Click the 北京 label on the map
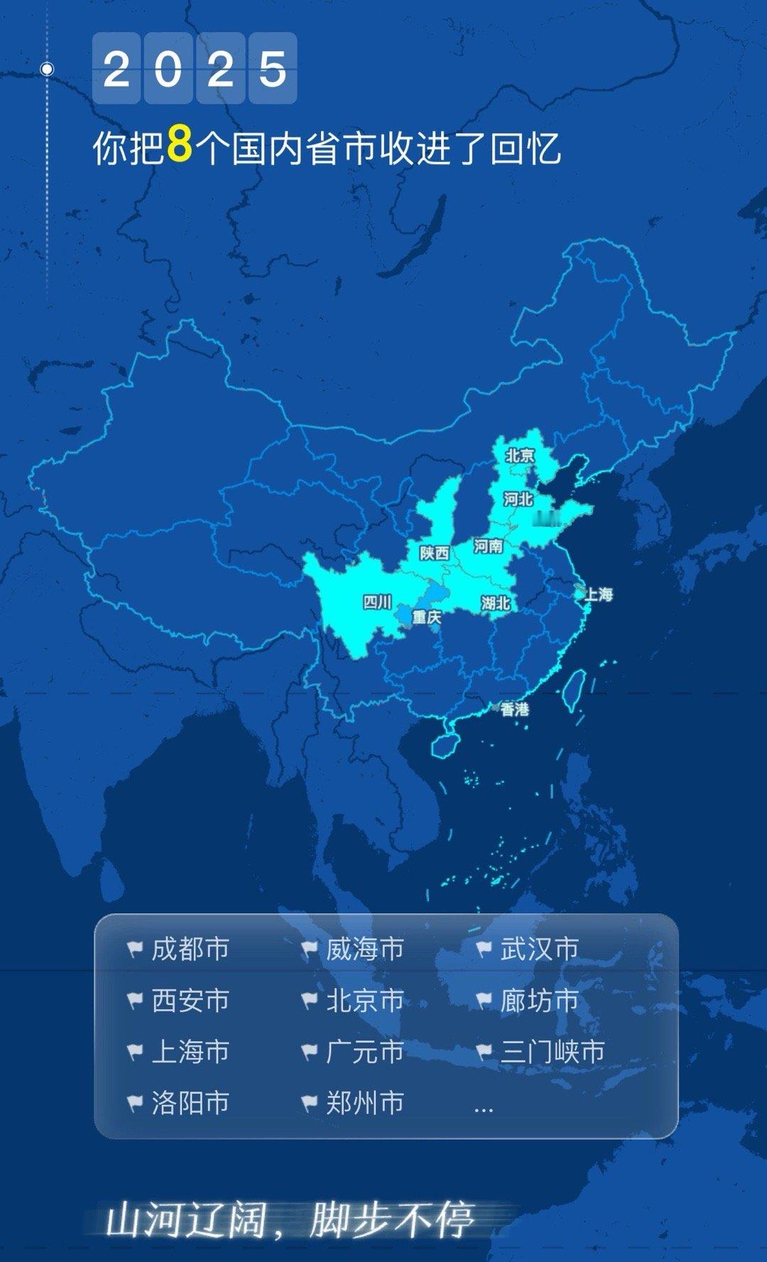(x=520, y=455)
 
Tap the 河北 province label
(x=518, y=499)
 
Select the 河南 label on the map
(x=488, y=546)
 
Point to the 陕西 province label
(x=434, y=553)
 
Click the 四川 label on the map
(x=377, y=602)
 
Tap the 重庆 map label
(x=427, y=617)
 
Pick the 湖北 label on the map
(x=495, y=603)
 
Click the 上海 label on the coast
(x=598, y=594)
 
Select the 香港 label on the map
(x=514, y=709)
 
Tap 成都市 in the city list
(x=190, y=949)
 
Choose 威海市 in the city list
(x=364, y=949)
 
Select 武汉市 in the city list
(x=539, y=949)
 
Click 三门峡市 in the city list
(x=552, y=1052)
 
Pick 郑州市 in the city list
(x=364, y=1103)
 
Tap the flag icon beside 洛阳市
(x=135, y=1103)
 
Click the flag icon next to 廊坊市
(x=484, y=1001)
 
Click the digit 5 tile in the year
(x=273, y=69)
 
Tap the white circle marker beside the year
(x=47, y=69)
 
